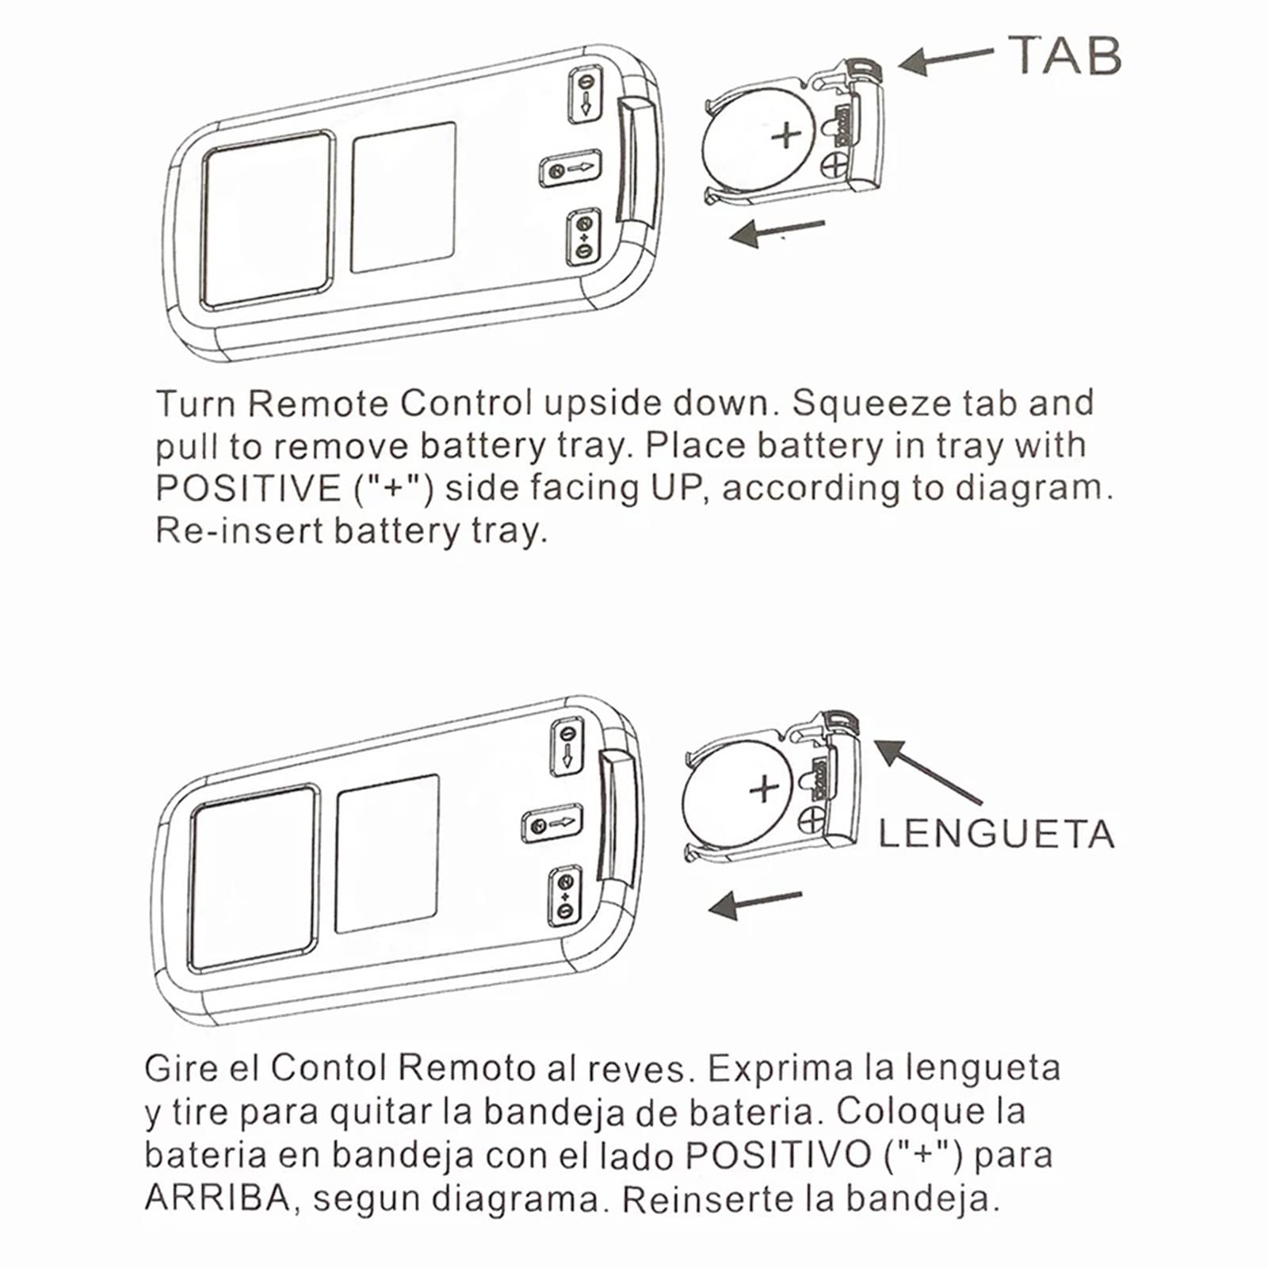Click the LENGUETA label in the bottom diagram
(996, 834)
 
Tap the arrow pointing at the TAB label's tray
(945, 60)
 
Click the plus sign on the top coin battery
(786, 136)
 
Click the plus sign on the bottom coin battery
(765, 789)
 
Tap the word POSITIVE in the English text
(248, 489)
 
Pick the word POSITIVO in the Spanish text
(778, 1155)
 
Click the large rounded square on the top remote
(267, 220)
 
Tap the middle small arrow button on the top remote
(571, 168)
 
